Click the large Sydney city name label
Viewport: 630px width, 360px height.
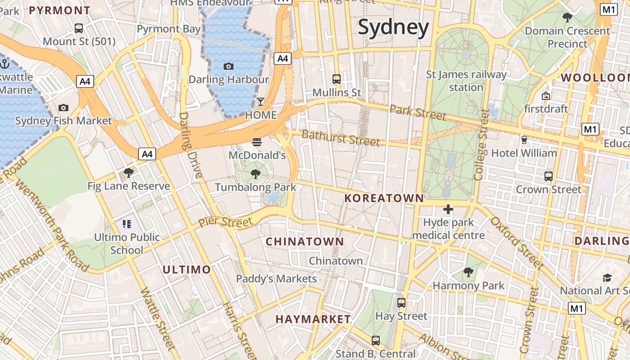393,28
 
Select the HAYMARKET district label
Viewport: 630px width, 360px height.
313,319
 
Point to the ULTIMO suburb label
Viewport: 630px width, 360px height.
186,270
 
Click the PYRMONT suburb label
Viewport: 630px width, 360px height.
59,10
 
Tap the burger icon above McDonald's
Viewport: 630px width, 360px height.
257,143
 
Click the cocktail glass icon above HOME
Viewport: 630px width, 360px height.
261,101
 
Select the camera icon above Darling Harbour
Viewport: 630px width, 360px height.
229,67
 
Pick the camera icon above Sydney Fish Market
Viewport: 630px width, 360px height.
63,108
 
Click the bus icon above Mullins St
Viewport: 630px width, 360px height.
337,79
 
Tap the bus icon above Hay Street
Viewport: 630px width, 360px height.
401,303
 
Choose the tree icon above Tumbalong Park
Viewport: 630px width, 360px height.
256,174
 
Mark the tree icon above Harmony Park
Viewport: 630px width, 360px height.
468,272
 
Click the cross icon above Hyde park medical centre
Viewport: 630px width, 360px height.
448,209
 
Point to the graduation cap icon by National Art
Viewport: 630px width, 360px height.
607,278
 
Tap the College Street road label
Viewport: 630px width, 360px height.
481,145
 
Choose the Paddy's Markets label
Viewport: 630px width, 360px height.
276,279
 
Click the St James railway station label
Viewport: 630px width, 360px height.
466,81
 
